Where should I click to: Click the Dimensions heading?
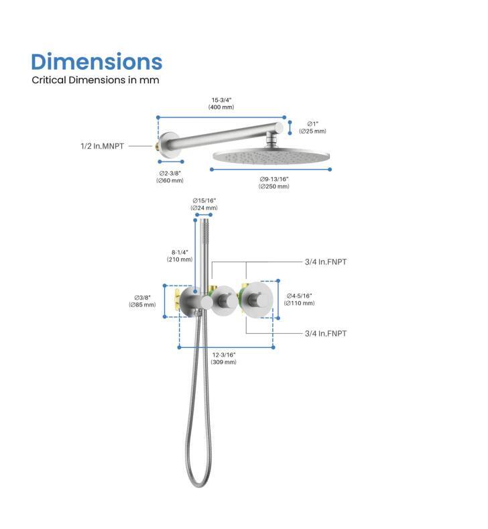(97, 62)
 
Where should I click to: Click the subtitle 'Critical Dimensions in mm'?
(95, 80)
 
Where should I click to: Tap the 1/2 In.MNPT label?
(102, 146)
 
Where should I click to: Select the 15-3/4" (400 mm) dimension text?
(221, 103)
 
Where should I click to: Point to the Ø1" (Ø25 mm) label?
(312, 127)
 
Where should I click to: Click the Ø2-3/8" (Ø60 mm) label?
(170, 177)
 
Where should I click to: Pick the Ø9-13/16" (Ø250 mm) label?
(274, 182)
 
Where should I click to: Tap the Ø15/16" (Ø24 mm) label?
(204, 204)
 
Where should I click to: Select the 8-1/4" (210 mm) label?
(180, 255)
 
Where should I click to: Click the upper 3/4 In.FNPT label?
(326, 261)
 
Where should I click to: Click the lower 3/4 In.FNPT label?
(326, 333)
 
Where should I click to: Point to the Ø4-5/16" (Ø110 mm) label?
(299, 299)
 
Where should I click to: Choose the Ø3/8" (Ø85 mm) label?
(142, 301)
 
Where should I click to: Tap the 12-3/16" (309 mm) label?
(224, 358)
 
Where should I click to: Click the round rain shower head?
(271, 157)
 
